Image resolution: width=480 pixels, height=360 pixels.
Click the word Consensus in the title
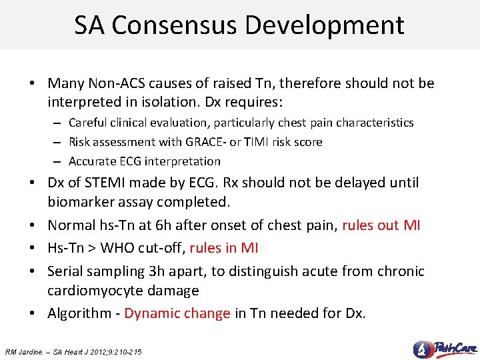tap(175, 25)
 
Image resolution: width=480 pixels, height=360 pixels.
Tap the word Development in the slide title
tap(325, 25)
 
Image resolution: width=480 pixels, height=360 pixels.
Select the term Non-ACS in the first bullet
tap(114, 83)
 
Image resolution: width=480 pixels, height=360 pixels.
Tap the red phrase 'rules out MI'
tap(381, 226)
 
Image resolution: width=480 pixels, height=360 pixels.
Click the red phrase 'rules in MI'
tap(223, 249)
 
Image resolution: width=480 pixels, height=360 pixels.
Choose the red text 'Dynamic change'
tap(177, 313)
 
